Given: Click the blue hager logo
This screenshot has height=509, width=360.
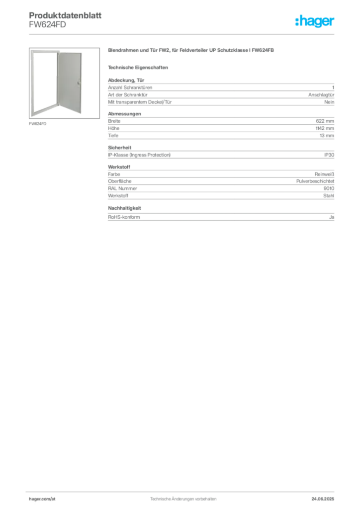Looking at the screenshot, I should (315, 22).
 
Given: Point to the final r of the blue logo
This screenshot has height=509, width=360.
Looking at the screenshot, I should (333, 22).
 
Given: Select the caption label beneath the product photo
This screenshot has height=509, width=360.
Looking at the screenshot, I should (38, 123).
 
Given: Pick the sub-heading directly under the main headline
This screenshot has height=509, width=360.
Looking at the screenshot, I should (140, 67).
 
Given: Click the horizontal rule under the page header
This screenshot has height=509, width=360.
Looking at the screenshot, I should (183, 34).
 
